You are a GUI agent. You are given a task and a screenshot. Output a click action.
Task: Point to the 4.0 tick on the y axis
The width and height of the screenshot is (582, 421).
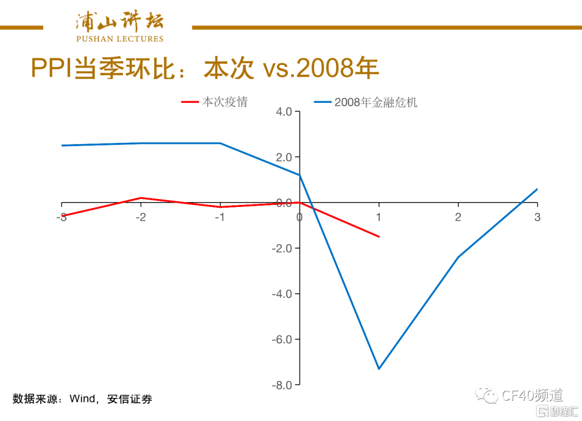click(284, 112)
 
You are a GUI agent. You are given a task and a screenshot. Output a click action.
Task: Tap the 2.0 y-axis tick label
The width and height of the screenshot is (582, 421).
click(284, 157)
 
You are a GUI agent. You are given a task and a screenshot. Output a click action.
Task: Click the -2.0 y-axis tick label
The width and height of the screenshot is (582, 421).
click(282, 249)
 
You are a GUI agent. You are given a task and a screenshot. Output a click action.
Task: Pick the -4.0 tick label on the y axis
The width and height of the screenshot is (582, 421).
click(282, 294)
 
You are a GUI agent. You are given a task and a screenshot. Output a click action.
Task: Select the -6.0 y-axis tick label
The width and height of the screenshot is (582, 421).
click(282, 340)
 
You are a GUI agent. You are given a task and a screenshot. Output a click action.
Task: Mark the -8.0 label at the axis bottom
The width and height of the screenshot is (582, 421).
click(282, 385)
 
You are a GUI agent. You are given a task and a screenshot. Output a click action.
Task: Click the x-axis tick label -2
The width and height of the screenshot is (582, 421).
click(141, 217)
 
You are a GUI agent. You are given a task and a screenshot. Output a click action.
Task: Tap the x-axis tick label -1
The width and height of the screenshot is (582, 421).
click(220, 217)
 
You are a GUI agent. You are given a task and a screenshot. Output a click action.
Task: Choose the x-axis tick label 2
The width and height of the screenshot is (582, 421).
click(458, 217)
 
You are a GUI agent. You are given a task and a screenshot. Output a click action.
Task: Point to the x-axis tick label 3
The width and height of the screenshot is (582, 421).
click(537, 217)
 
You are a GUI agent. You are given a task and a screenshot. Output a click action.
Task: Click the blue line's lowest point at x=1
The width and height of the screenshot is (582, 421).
click(379, 369)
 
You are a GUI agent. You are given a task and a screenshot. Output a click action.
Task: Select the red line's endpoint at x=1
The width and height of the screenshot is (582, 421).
click(379, 237)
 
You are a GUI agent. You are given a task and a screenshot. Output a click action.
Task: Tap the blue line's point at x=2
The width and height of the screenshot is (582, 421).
click(458, 257)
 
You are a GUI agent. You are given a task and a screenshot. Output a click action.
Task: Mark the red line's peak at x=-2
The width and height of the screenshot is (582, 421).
click(141, 198)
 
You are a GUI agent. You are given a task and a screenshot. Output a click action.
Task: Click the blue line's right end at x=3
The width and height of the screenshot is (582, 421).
click(537, 189)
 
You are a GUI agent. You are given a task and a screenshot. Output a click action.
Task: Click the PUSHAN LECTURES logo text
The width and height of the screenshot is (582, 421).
click(120, 39)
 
